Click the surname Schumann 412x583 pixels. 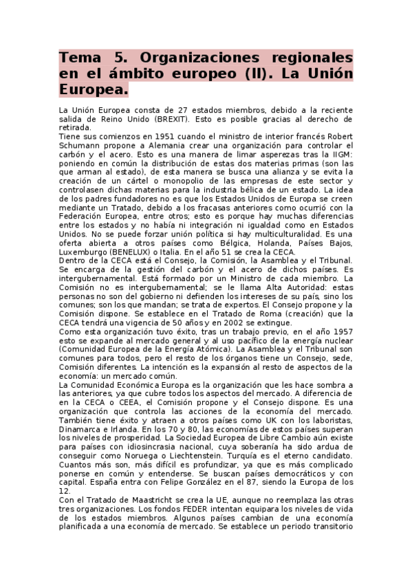coord(80,146)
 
